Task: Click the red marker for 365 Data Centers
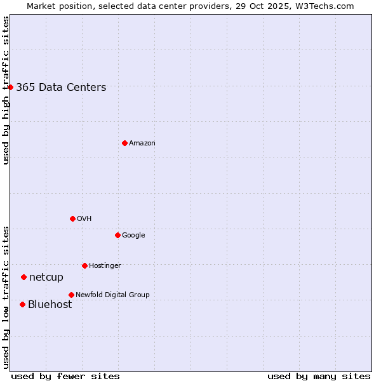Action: (11, 87)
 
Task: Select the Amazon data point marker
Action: (124, 143)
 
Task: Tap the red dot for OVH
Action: (72, 218)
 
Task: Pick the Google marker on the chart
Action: (117, 235)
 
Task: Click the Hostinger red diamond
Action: (84, 265)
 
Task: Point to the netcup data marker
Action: (23, 277)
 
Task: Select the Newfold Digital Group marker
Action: (71, 295)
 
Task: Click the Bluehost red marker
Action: (22, 304)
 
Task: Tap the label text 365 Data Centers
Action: (61, 88)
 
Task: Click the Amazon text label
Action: (142, 144)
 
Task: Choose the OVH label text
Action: (84, 219)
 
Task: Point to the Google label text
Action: (133, 236)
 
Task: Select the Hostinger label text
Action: (105, 266)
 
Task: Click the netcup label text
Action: (46, 277)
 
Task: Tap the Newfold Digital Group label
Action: (112, 295)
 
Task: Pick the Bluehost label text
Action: (50, 305)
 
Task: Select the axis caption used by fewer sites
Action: (65, 376)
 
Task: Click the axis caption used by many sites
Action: (319, 376)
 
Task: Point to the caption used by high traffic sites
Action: (6, 90)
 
